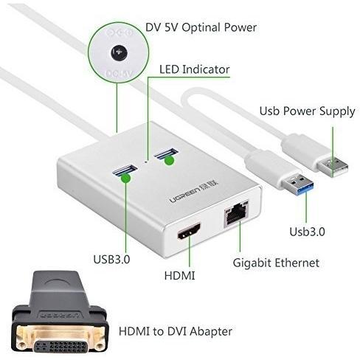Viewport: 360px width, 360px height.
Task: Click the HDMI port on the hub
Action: tap(189, 231)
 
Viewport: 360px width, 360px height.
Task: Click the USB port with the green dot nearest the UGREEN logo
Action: tap(125, 170)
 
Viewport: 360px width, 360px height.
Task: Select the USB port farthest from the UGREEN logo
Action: tap(165, 154)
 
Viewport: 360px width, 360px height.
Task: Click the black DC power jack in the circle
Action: tap(120, 52)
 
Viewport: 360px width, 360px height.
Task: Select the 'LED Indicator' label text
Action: tap(195, 69)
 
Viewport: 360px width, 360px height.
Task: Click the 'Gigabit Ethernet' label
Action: tap(276, 263)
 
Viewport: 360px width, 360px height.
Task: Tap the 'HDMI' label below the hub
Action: tap(179, 276)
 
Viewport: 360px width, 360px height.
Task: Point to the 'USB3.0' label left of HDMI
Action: tap(111, 259)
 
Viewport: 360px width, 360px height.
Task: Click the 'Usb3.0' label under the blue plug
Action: tap(307, 232)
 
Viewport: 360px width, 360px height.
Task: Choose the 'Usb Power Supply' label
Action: tap(308, 111)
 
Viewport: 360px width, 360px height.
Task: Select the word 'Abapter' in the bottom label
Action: tap(211, 331)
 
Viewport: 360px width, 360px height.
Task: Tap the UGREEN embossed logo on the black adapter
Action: tap(60, 315)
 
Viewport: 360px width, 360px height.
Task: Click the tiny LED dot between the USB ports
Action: tap(146, 162)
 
